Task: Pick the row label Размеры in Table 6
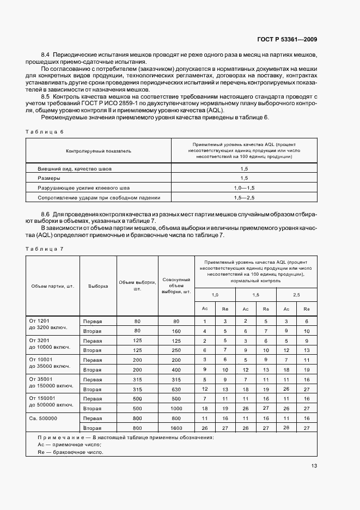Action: (x=49, y=178)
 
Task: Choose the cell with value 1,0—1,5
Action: (x=244, y=187)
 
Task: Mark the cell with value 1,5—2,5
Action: (x=244, y=197)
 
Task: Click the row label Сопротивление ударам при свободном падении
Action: (x=99, y=197)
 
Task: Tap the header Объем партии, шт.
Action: (x=53, y=286)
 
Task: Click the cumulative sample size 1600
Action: (x=176, y=428)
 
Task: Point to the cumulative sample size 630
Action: (x=176, y=389)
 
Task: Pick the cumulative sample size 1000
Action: (x=176, y=409)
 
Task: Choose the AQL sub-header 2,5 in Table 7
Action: (x=297, y=295)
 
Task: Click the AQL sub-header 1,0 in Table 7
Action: (x=215, y=295)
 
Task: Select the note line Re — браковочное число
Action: (x=67, y=452)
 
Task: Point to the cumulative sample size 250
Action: (x=176, y=350)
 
